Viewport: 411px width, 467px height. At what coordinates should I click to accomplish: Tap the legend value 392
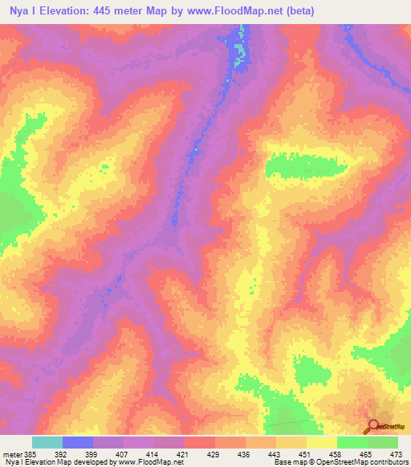click(x=77, y=453)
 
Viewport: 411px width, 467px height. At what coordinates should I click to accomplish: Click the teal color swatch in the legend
click(x=47, y=442)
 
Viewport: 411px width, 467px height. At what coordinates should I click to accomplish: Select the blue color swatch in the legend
click(x=78, y=442)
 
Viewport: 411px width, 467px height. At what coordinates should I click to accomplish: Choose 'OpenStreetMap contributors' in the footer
click(x=362, y=462)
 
